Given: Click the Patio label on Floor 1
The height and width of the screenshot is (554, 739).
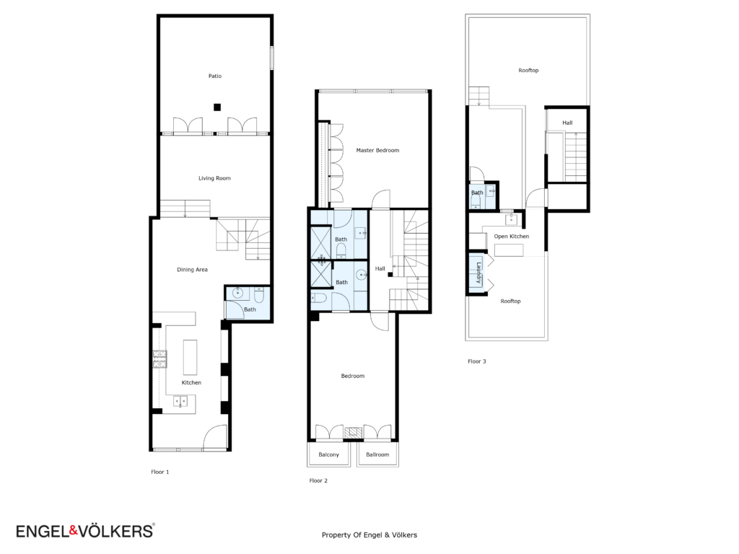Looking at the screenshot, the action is coord(215,76).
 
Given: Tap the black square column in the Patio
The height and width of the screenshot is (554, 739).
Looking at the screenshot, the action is coord(217,107).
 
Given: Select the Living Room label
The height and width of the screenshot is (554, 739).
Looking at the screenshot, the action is coord(214,178).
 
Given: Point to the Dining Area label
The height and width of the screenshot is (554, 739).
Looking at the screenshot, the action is coord(192,270).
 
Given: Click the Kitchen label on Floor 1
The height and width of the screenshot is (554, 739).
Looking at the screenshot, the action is coord(191,382).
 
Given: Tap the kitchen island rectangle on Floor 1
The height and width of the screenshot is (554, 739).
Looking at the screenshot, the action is coord(190,357).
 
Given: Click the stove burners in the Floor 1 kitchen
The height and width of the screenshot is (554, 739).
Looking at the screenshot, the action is coord(159,359).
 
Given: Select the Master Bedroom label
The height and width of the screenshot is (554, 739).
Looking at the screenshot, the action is coord(377,150).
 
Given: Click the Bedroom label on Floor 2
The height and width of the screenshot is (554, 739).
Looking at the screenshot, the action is coord(352,376).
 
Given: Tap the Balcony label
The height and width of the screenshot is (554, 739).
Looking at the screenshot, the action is coord(328,454).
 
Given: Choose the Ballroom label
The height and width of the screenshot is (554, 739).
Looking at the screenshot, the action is coord(377,454).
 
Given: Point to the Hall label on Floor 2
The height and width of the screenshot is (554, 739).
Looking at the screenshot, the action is coord(380,268).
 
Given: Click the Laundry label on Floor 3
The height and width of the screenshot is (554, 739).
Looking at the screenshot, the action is coord(478,273).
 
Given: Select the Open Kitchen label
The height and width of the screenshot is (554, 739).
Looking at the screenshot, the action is coord(512,237).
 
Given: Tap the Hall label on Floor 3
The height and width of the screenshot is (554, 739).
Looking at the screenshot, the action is coord(567,123).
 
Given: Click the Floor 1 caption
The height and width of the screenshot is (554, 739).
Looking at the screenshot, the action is coord(159,472).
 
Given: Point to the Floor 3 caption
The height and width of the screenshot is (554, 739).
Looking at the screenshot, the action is coord(476,361).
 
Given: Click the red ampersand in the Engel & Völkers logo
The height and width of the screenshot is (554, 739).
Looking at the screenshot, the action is coord(73,531).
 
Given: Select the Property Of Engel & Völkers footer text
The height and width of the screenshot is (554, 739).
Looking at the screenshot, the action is coord(369,535).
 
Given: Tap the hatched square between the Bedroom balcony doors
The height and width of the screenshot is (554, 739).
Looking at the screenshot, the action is coord(353,433).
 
